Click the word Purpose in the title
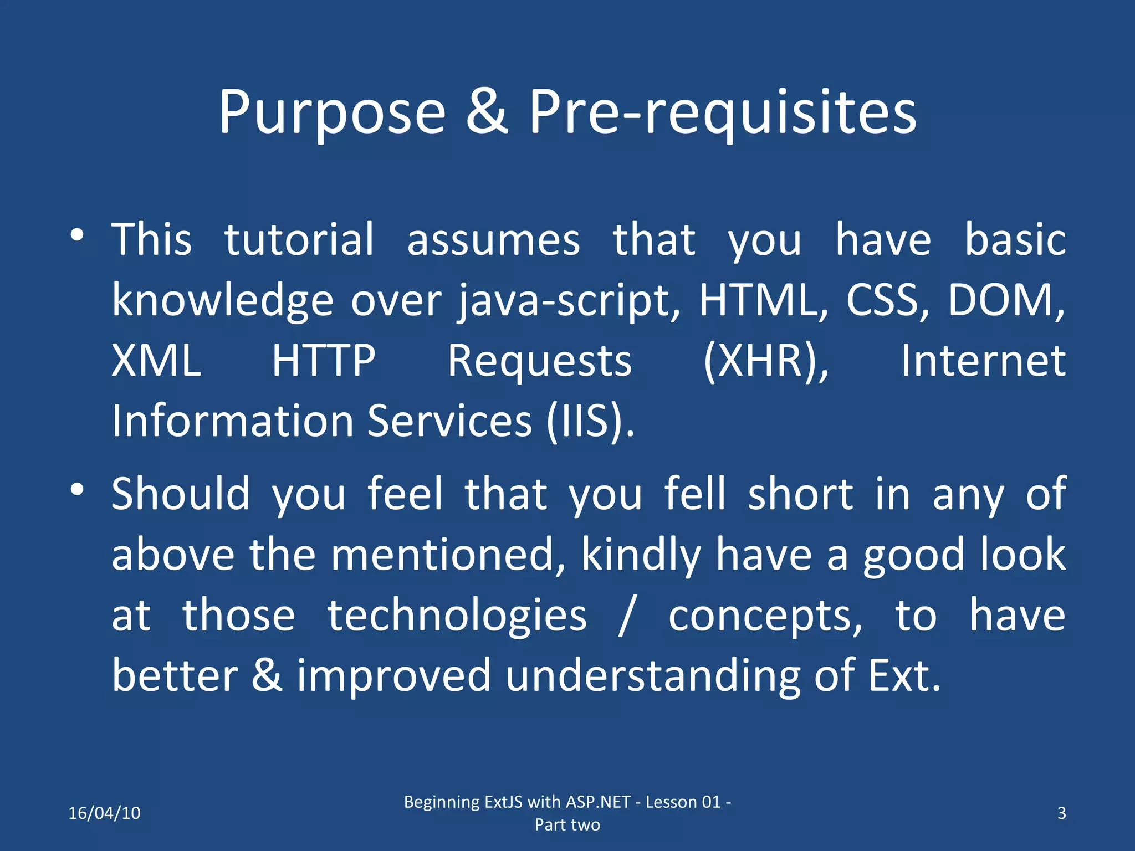click(331, 114)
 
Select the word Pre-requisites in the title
click(722, 114)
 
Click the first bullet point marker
click(77, 235)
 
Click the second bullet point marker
click(77, 489)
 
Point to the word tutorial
click(299, 239)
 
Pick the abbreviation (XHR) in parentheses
click(765, 361)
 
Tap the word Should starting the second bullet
click(181, 494)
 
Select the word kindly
click(641, 555)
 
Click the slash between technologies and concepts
click(626, 616)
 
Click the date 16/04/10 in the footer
click(104, 813)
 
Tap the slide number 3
click(1061, 813)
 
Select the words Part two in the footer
click(567, 824)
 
